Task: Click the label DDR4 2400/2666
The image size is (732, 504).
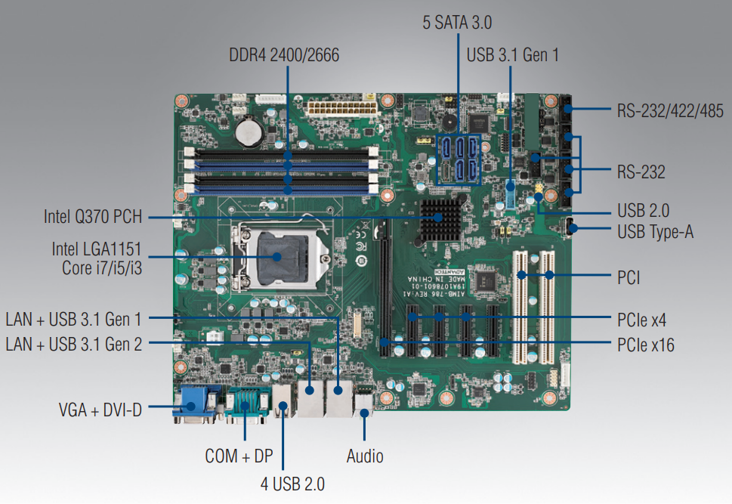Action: pyautogui.click(x=285, y=55)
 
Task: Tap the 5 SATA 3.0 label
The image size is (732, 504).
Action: pyautogui.click(x=457, y=23)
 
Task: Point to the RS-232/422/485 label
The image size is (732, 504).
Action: pyautogui.click(x=669, y=111)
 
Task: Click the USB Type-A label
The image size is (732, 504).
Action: pyautogui.click(x=655, y=232)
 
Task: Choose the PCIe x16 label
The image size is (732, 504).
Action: pyautogui.click(x=645, y=345)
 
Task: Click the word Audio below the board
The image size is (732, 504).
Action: pyautogui.click(x=365, y=456)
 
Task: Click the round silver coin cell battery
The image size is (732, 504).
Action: pyautogui.click(x=248, y=133)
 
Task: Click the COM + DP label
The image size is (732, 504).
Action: pyautogui.click(x=239, y=456)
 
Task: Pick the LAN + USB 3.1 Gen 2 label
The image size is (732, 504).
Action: pyautogui.click(x=73, y=345)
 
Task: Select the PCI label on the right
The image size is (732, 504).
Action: pyautogui.click(x=628, y=277)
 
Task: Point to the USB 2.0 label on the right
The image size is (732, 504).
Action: pyautogui.click(x=643, y=211)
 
